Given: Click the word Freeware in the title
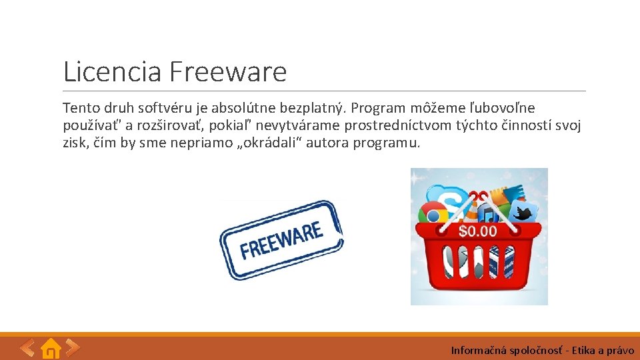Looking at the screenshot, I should (x=228, y=71).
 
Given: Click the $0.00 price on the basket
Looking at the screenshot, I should (x=478, y=231).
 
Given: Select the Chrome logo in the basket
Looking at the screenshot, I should (x=433, y=215).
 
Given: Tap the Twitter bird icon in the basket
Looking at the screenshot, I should (x=523, y=213).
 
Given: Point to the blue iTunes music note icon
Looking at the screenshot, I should (x=489, y=215).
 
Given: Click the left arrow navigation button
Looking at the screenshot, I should (x=27, y=347).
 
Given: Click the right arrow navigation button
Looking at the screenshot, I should (x=73, y=347).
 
